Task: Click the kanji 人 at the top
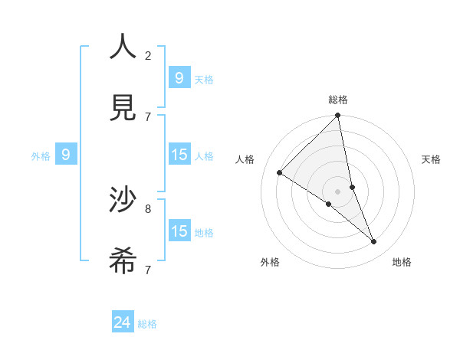tap(123, 47)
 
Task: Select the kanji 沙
tap(123, 201)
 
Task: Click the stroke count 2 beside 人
tap(148, 55)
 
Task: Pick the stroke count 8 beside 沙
tap(148, 208)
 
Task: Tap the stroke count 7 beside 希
tap(148, 270)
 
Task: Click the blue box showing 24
tap(122, 322)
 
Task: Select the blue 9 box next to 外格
tap(66, 155)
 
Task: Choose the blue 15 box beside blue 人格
tap(179, 155)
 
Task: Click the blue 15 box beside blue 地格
tap(179, 231)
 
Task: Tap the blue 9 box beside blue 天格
tap(179, 78)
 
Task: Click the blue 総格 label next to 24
tap(147, 324)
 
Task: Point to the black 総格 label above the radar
tap(338, 100)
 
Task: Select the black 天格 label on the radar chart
tap(431, 159)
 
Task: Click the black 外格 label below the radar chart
tap(270, 262)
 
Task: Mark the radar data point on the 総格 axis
tap(338, 116)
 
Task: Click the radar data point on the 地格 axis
tap(374, 242)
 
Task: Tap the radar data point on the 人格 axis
tap(280, 172)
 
